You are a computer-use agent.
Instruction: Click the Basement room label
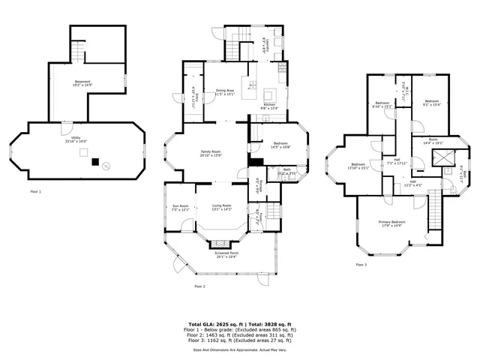click(82, 82)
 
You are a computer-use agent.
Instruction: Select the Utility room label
click(72, 139)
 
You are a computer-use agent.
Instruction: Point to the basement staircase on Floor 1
click(78, 50)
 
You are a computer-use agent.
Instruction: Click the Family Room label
click(210, 152)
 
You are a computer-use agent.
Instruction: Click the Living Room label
click(221, 207)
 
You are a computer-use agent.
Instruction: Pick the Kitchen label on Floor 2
click(269, 106)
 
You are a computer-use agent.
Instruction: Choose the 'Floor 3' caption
click(361, 264)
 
